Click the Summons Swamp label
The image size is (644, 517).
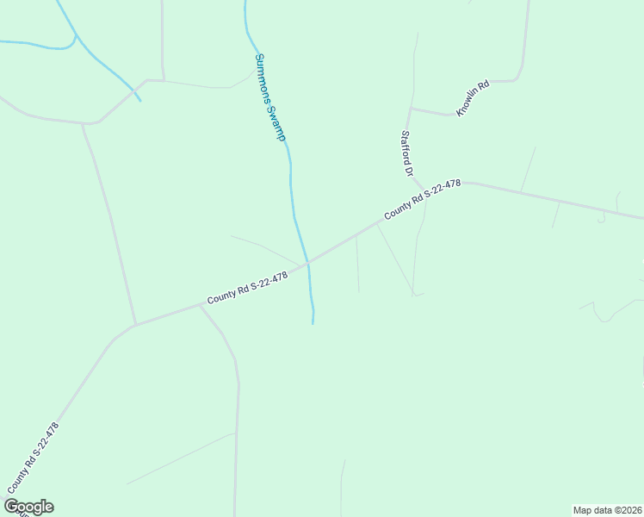[x=269, y=97]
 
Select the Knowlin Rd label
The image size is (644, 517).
[x=473, y=98]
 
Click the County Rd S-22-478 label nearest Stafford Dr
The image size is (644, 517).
[x=423, y=199]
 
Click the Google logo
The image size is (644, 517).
[x=28, y=507]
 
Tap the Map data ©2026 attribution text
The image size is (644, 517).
[x=607, y=510]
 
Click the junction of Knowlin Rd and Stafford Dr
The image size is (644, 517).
[x=412, y=109]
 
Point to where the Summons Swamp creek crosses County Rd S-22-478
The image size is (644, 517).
[x=307, y=262]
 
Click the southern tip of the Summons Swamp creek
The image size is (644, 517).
[x=313, y=323]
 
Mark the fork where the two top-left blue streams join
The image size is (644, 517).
[x=77, y=36]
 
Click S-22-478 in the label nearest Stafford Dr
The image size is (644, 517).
[x=442, y=190]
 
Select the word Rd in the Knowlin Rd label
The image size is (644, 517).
[x=484, y=87]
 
